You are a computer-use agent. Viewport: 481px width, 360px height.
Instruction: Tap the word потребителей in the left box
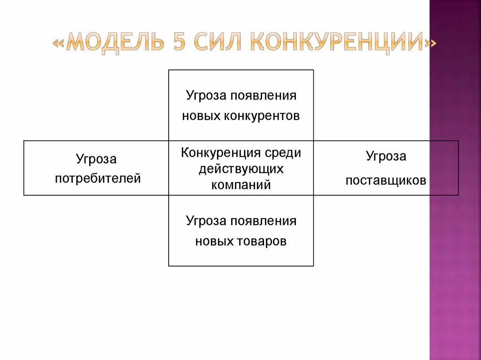[98, 178]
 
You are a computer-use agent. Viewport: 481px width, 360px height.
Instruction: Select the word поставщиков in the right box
[386, 180]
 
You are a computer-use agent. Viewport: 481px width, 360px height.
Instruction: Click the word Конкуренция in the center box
[221, 153]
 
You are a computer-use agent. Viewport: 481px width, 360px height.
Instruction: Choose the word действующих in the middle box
[241, 169]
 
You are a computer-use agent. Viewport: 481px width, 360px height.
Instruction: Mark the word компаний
[241, 184]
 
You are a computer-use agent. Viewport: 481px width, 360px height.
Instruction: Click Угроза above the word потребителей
[96, 159]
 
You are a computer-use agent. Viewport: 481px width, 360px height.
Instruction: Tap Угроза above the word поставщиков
[386, 156]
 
